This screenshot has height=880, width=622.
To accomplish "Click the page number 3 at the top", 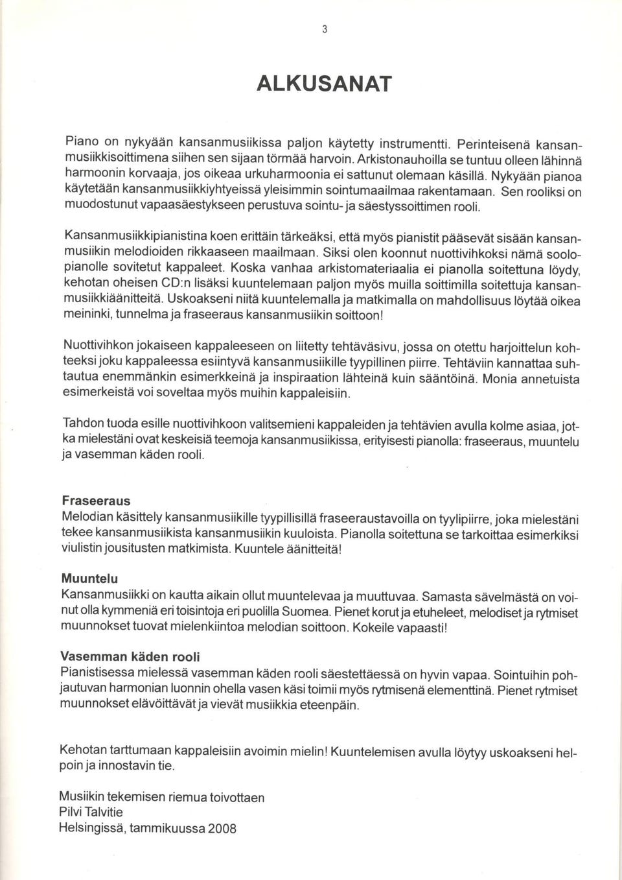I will (x=324, y=29).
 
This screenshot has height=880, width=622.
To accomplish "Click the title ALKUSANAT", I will (x=324, y=84).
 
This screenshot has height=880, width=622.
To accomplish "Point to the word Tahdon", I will (x=82, y=423).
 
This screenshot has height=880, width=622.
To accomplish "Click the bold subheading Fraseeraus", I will (x=96, y=501).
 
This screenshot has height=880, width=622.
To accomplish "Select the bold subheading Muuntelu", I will (x=89, y=578).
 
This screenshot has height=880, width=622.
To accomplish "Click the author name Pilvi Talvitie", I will (x=91, y=813).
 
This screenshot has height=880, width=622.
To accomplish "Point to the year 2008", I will (x=222, y=829).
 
